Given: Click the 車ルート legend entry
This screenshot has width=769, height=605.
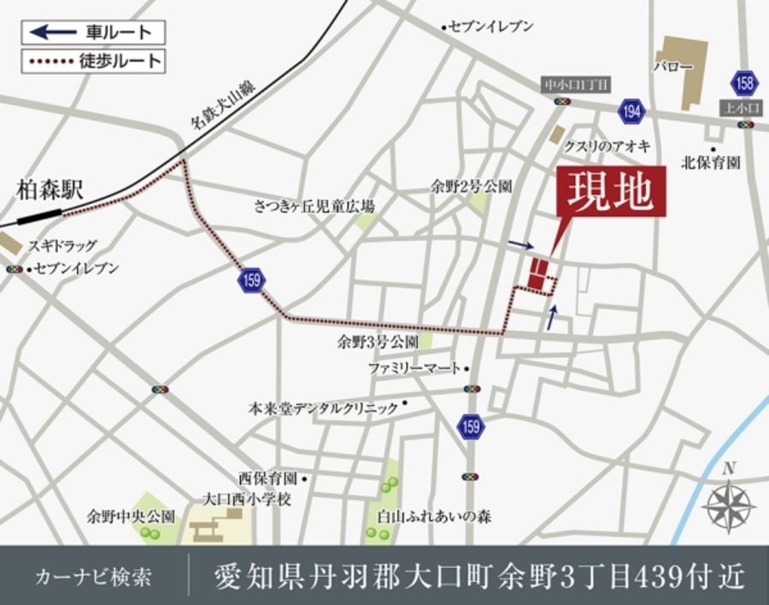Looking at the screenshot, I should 92,32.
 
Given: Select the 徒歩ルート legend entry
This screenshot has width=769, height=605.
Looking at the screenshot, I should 92,62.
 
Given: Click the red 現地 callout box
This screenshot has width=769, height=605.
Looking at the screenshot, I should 610,191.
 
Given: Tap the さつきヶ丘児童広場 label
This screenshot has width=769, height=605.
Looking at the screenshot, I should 314,206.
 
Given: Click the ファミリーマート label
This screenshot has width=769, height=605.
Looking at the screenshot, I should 414,367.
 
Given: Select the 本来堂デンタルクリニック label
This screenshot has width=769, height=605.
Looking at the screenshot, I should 324,408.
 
